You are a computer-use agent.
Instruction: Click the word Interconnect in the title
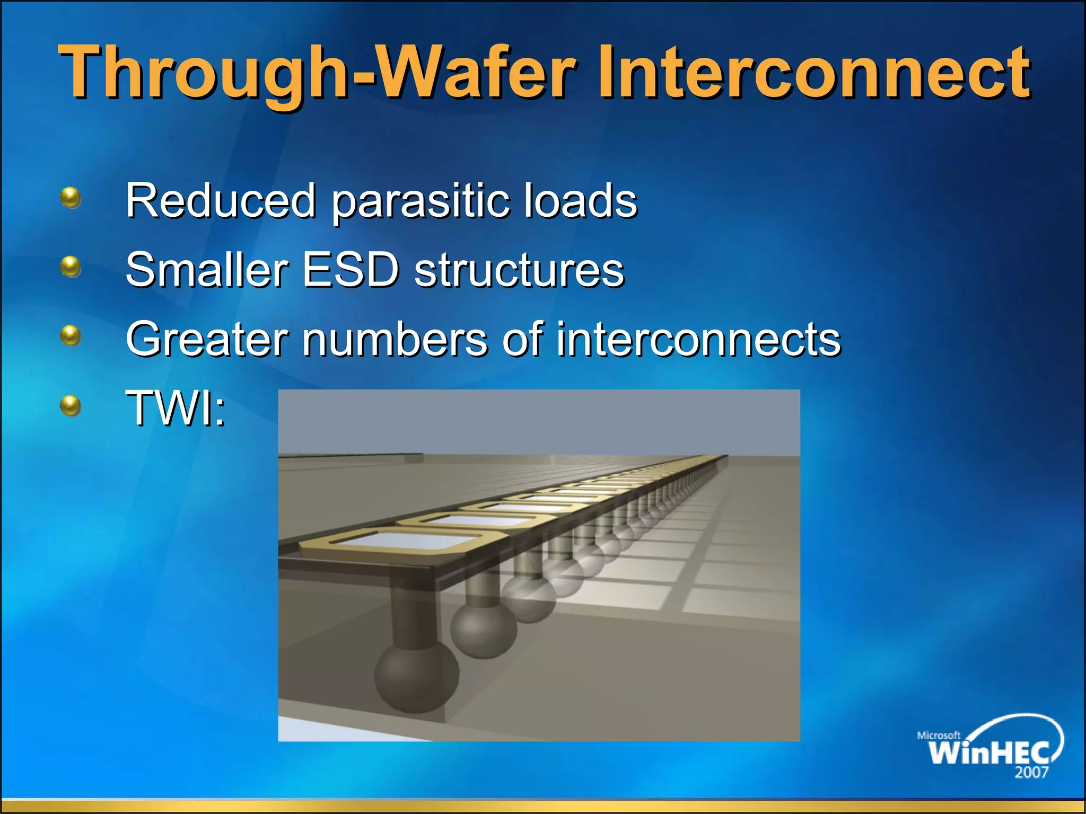pos(814,73)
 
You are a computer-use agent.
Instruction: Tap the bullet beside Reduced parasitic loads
pos(71,198)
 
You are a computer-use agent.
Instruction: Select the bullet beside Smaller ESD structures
pos(71,267)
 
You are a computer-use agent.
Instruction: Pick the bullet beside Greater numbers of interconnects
pos(71,336)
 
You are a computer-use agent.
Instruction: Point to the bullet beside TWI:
pos(71,406)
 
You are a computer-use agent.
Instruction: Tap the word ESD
pos(351,270)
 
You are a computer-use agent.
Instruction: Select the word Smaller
pos(207,270)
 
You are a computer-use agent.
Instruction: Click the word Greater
pos(207,339)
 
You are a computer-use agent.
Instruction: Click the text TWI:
pos(176,408)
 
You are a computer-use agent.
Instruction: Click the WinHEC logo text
pos(989,752)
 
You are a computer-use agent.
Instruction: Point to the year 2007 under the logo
pos(1031,773)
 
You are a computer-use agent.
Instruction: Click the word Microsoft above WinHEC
pos(939,735)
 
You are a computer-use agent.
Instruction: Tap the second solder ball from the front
pos(483,630)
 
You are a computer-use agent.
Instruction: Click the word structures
pos(519,270)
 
